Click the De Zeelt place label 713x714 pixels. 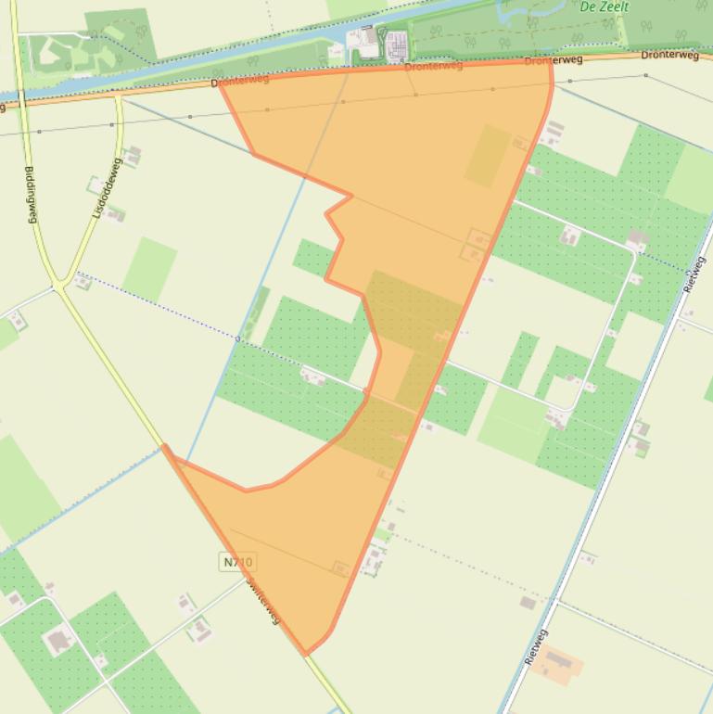tap(604, 6)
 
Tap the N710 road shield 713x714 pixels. tap(237, 562)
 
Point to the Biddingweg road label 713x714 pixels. tap(31, 194)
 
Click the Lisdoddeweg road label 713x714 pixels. tap(107, 188)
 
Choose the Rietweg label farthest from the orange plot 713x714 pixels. tap(694, 274)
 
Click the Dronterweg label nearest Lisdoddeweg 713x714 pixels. tap(239, 82)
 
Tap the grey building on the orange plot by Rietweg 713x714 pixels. tap(558, 661)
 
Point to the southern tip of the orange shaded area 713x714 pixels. tap(306, 655)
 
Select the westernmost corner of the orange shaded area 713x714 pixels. tap(165, 446)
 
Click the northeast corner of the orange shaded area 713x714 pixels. tap(551, 61)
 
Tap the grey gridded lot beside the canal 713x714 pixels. tap(396, 45)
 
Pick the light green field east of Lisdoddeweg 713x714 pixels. tap(149, 269)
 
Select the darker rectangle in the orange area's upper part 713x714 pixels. tap(488, 156)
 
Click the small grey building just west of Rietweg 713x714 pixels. tap(528, 603)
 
